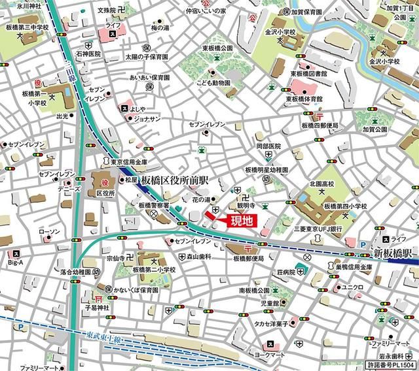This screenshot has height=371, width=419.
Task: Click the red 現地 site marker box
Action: click(240, 221)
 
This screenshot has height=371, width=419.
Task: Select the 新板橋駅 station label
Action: click(392, 253)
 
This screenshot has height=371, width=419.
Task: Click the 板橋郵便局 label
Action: click(247, 259)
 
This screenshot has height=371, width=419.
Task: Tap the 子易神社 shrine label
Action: click(98, 306)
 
